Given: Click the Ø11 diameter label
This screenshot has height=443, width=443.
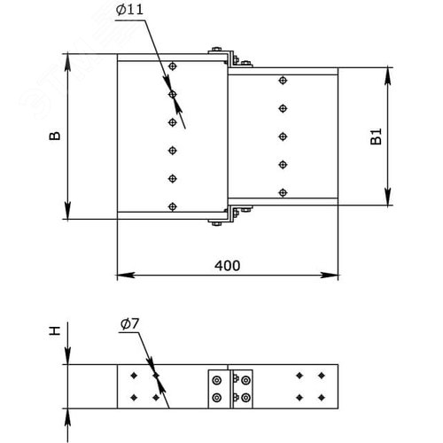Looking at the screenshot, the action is point(129,10).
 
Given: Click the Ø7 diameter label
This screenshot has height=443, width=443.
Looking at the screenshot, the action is point(129,324).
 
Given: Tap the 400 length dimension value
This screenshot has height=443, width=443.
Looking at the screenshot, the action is point(227,266).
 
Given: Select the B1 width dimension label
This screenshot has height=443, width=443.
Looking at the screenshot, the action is point(376,136).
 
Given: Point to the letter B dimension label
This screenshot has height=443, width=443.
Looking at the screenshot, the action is point(55,136).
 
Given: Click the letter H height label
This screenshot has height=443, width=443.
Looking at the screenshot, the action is point(55,330).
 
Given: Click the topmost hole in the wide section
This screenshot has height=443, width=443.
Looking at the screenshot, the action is point(173,66).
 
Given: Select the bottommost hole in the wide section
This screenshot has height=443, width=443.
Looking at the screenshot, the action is point(173,206).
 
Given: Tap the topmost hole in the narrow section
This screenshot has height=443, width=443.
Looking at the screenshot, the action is point(283,80).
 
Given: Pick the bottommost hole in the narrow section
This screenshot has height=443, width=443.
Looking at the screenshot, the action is point(283,193).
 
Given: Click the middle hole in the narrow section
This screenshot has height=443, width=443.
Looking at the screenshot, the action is point(283,136).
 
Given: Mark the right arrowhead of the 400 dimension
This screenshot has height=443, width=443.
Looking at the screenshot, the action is point(330,276).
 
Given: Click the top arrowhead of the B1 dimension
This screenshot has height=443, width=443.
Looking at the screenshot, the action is point(388,76).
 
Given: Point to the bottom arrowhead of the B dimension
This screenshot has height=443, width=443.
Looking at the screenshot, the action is point(67,210).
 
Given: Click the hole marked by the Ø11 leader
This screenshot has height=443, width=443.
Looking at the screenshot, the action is point(173,95).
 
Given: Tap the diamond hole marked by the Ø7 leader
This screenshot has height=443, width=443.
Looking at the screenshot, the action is point(156,376).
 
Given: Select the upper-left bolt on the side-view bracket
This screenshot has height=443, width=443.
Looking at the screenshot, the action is point(217,380).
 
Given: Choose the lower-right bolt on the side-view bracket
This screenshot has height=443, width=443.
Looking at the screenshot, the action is point(246,398).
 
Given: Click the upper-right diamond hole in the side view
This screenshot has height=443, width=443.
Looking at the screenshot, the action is point(322,376).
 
